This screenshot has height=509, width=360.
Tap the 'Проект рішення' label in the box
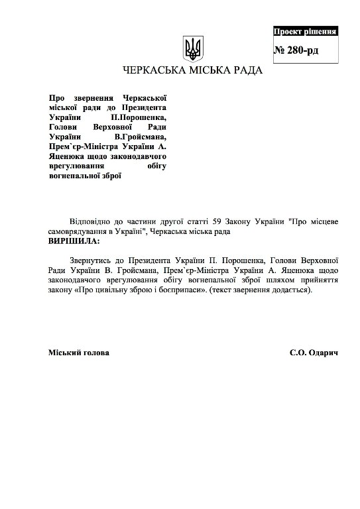(306, 31)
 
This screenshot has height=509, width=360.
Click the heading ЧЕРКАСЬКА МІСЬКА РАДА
(192, 70)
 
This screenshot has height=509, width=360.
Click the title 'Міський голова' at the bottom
(79, 353)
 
